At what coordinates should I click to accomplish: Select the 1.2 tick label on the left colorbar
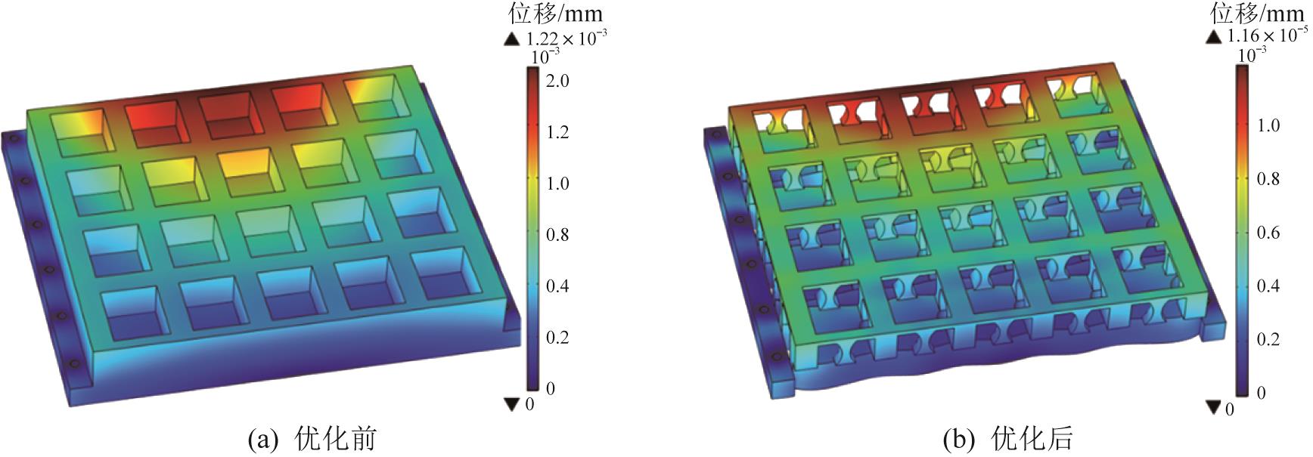tap(558, 133)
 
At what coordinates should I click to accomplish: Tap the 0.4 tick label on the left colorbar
tap(558, 286)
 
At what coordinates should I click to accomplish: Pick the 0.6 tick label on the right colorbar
tap(1268, 233)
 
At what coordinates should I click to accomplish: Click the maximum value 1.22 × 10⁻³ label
tap(566, 38)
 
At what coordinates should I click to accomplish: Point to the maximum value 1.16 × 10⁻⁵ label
tap(1268, 35)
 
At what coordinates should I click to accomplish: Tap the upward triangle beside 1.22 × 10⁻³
tap(513, 39)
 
